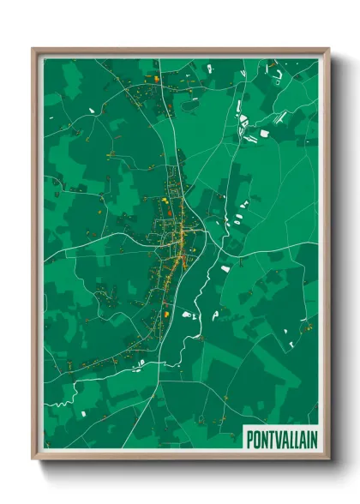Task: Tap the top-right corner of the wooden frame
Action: point(327,49)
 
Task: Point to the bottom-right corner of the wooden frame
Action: point(327,459)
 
